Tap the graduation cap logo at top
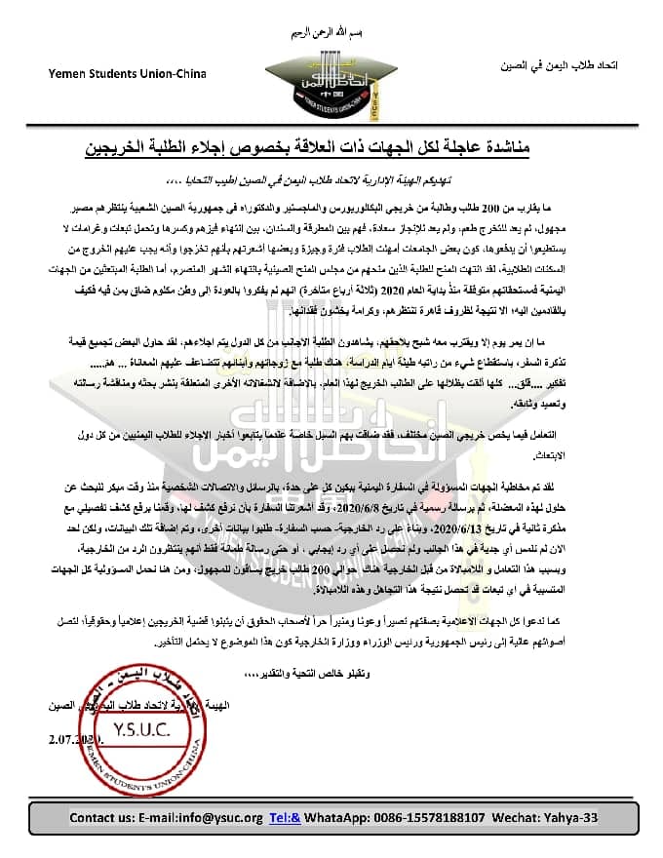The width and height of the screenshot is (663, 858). click(x=332, y=74)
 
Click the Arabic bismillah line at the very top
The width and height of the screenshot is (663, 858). click(x=332, y=34)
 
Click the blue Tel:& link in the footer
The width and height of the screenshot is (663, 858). click(x=285, y=817)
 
